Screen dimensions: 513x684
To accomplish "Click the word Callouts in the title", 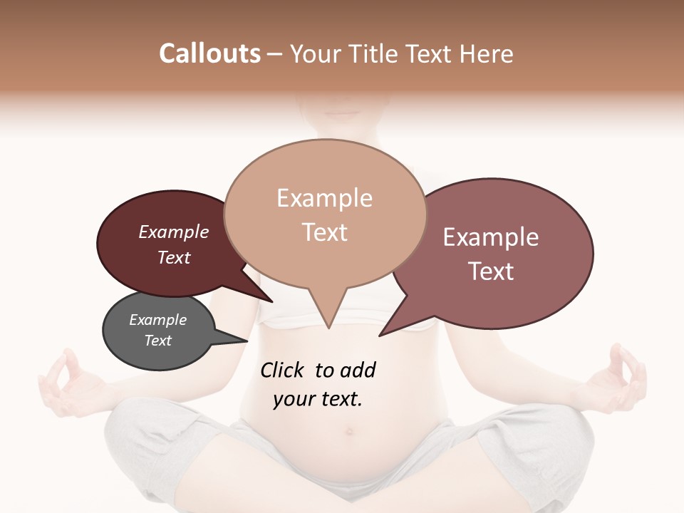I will (x=209, y=53).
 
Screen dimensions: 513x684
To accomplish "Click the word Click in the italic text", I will (x=283, y=370).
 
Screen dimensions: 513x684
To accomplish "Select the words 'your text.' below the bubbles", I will (x=318, y=399).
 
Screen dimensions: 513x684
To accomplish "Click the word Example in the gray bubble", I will (x=157, y=320).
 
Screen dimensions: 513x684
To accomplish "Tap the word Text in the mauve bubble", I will (x=491, y=271).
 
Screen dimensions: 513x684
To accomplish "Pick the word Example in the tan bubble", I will (x=324, y=198).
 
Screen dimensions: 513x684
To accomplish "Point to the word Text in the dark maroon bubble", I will (x=174, y=257).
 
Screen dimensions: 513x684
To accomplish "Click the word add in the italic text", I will (x=358, y=370).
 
